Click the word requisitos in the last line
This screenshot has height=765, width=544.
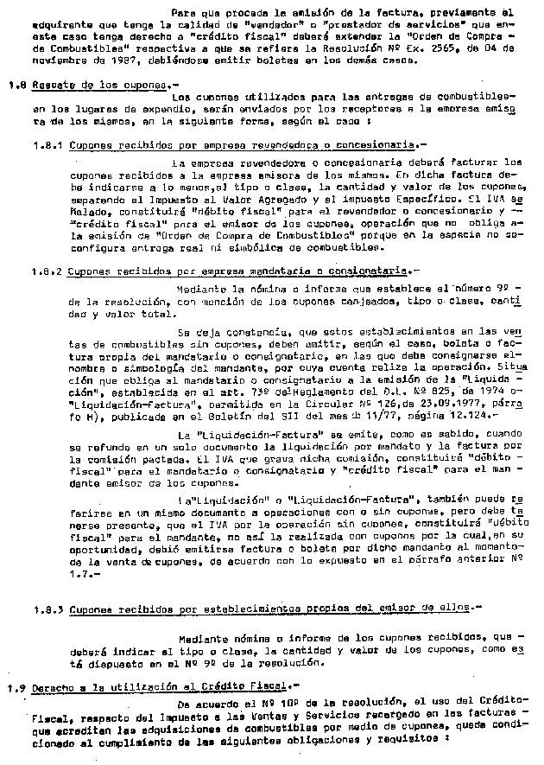(408, 740)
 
